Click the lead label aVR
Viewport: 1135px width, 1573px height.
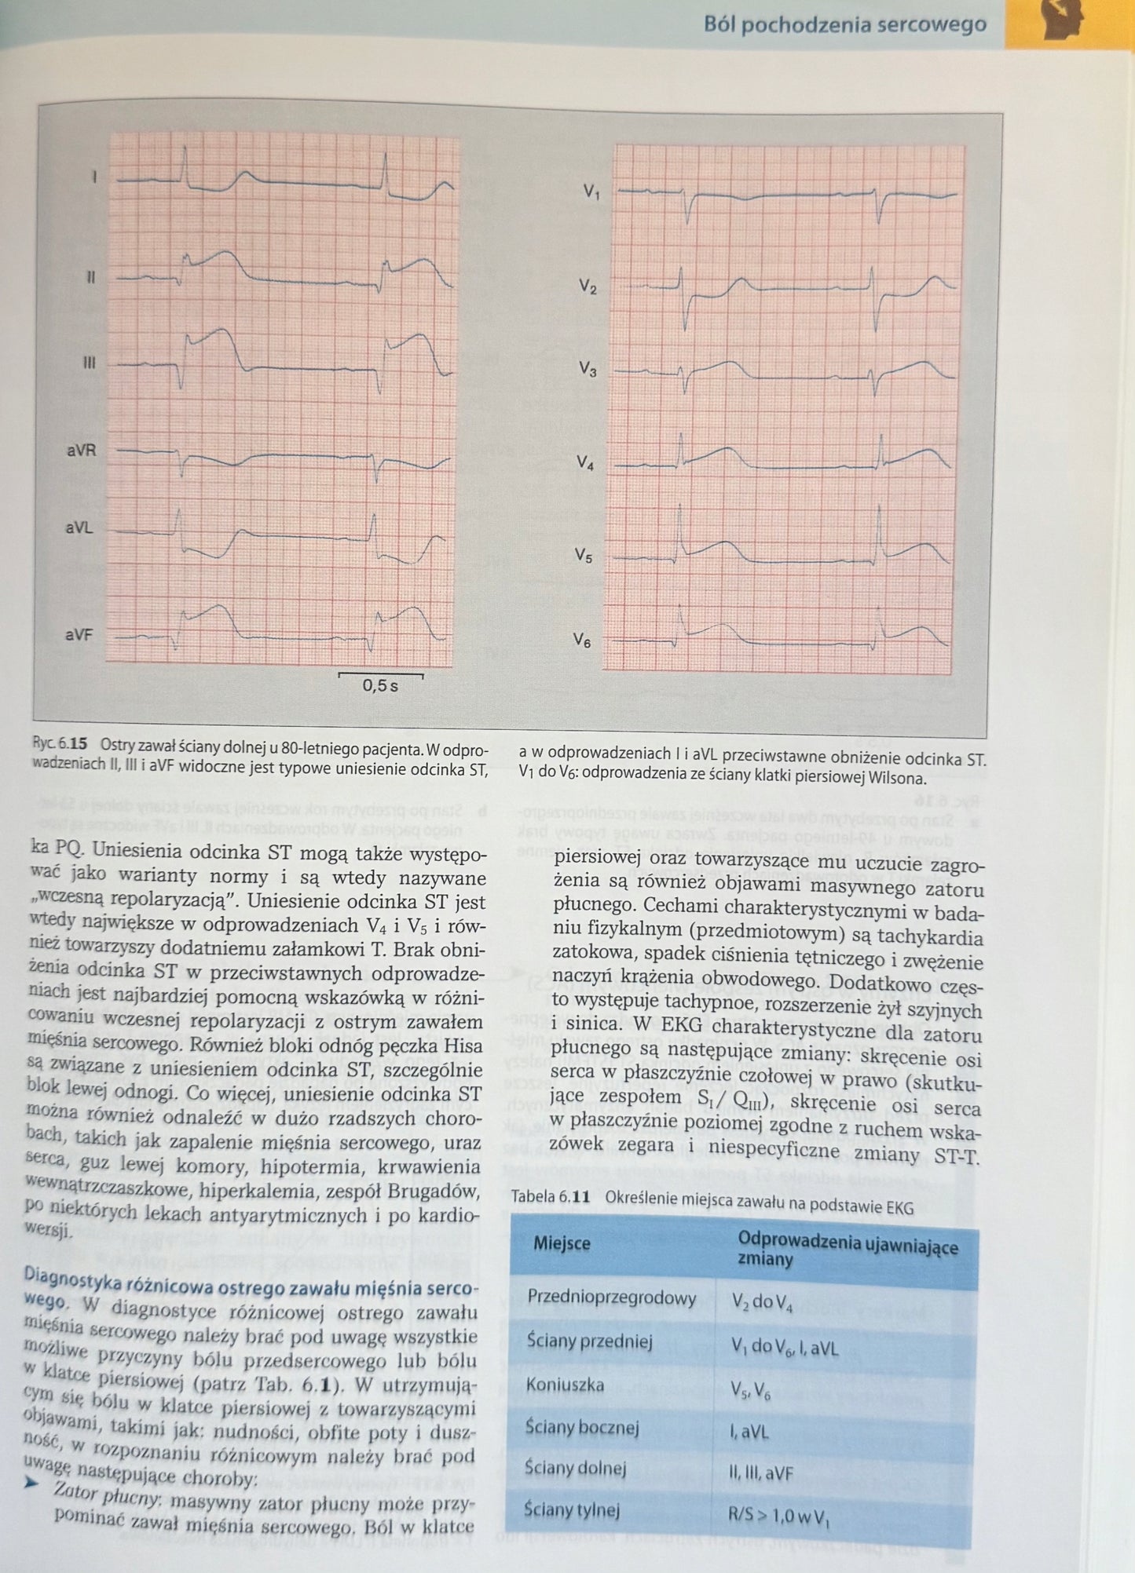click(80, 451)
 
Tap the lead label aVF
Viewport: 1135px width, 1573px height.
click(79, 634)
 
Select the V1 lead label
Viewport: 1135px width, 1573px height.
click(591, 191)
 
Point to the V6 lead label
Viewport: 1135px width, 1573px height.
click(581, 641)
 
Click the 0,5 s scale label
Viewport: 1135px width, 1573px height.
click(380, 686)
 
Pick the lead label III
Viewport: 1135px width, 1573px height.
click(89, 363)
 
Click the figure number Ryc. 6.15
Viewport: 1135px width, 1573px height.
click(60, 743)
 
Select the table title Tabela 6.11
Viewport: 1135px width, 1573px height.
click(550, 1198)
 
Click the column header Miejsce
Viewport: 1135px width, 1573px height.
click(562, 1244)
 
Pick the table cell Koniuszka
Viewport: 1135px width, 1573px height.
click(565, 1385)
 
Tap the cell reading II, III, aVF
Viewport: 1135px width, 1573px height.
click(760, 1473)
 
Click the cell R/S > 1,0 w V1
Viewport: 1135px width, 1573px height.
click(778, 1516)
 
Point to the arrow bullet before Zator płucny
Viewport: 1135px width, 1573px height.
click(31, 1482)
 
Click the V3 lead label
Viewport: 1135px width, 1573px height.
click(588, 369)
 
